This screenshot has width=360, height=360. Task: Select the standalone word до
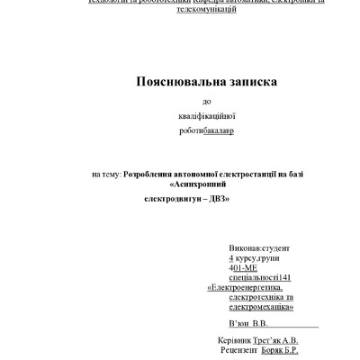pos(208,101)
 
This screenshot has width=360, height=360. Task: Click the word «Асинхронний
pos(202,184)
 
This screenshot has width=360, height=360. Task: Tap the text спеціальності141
pos(260,278)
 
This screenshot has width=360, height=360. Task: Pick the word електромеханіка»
pos(263,308)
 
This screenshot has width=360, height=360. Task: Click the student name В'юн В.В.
pos(249,323)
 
